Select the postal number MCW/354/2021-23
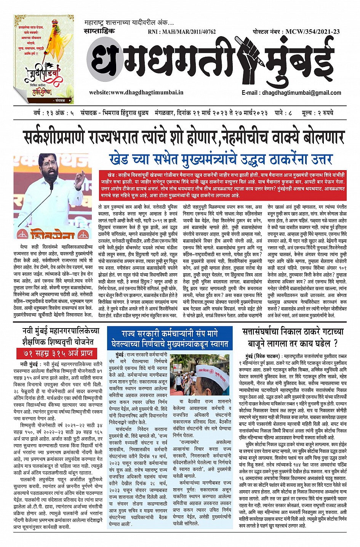click(x=312, y=32)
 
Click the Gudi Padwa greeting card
click(x=43, y=59)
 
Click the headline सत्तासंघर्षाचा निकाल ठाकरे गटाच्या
click(x=293, y=332)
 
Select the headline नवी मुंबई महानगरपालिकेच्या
click(x=60, y=331)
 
